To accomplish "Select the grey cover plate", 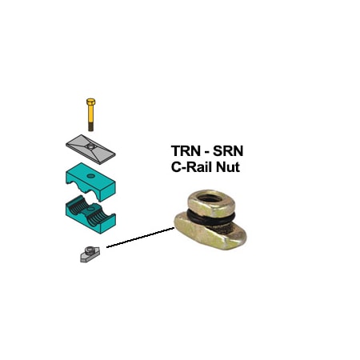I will pyautogui.click(x=90, y=147).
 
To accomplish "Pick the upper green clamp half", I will pyautogui.click(x=90, y=178).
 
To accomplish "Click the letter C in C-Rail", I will pyautogui.click(x=177, y=168).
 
